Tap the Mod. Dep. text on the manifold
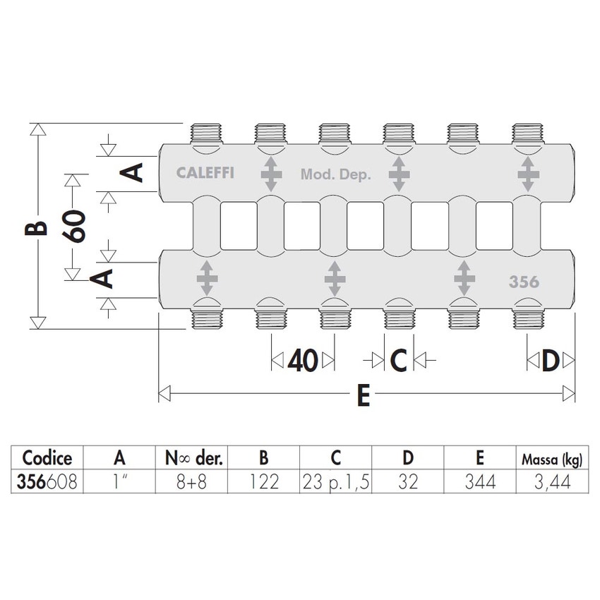click(335, 174)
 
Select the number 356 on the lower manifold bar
click(524, 282)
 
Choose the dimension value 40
click(301, 361)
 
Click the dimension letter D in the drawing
click(551, 361)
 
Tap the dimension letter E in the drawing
click(363, 396)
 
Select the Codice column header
click(47, 458)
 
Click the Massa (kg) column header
click(552, 460)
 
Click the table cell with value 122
click(263, 483)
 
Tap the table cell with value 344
click(479, 483)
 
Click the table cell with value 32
click(407, 483)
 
